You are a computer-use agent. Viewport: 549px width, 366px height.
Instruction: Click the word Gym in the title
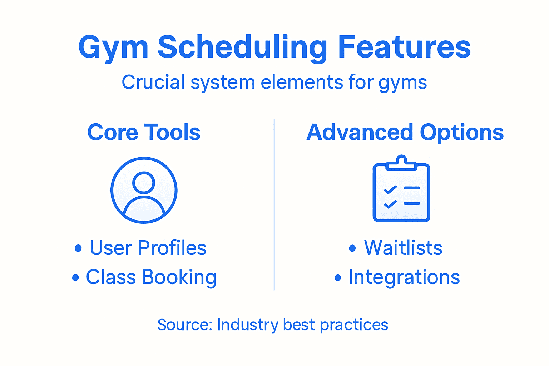coord(113,48)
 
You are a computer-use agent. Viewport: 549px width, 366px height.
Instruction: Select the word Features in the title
coord(404,46)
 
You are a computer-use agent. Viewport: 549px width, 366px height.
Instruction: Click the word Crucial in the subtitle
coord(153,82)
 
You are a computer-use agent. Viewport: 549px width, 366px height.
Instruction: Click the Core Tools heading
coord(144,132)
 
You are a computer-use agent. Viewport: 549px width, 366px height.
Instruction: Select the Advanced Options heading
coord(405,133)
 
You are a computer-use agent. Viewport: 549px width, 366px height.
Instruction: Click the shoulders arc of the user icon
coord(144,197)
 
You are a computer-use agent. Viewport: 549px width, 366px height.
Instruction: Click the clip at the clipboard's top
coord(401,163)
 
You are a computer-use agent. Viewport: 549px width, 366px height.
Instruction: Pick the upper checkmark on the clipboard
coord(390,189)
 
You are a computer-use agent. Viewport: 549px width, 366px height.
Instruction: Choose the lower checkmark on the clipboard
coord(390,204)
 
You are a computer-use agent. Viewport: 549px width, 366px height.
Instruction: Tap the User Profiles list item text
coord(148,248)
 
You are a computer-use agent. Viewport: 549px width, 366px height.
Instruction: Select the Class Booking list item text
coord(151,277)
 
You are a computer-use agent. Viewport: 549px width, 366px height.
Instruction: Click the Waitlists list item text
coord(403,248)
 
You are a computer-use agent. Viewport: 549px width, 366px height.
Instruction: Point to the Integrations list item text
coord(404,277)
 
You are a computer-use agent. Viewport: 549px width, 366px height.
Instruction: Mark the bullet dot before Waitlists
coord(352,248)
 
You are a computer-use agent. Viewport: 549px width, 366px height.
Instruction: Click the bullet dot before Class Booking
coord(75,277)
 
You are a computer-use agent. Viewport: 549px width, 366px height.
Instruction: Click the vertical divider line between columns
coord(274,205)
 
